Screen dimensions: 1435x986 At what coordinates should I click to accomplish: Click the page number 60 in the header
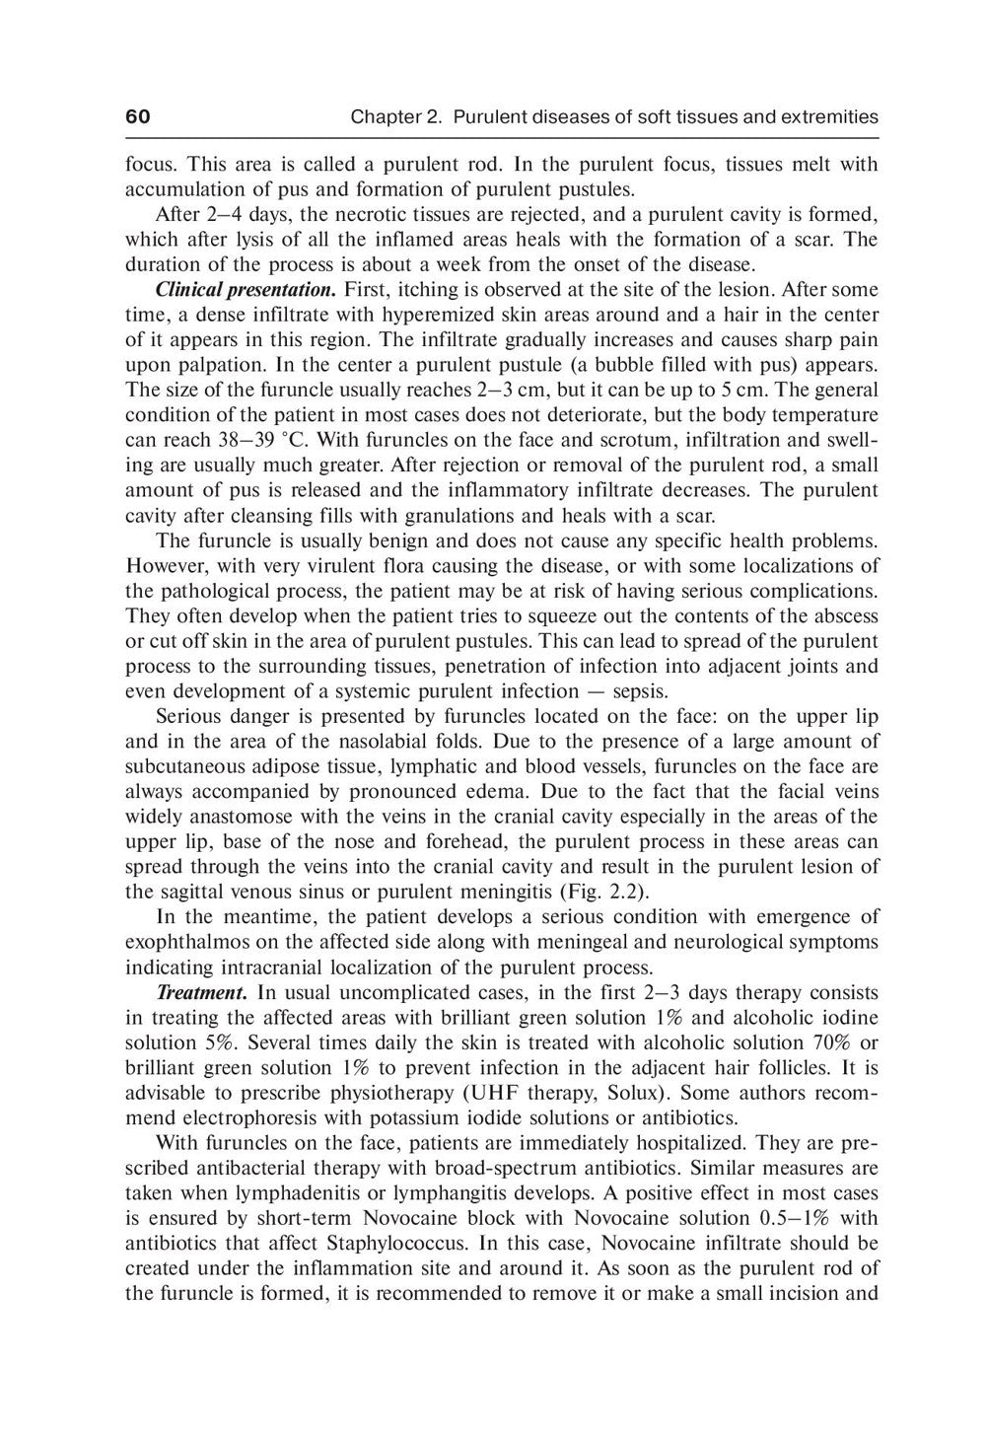click(137, 117)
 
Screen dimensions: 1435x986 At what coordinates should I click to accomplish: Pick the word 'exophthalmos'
click(184, 942)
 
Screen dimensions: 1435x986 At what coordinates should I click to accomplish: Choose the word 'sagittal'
click(188, 893)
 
